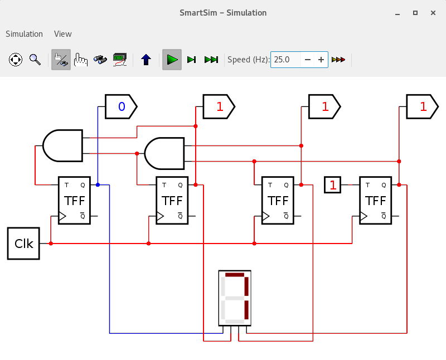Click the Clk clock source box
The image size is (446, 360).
[x=23, y=244]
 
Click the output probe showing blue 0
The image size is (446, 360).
[x=121, y=106]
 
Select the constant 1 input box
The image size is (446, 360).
[x=332, y=185]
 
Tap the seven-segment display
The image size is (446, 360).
[x=235, y=298]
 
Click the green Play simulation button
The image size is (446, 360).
[x=172, y=60]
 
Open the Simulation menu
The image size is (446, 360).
[x=24, y=34]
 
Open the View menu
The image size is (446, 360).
[x=63, y=34]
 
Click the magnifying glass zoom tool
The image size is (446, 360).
[x=35, y=60]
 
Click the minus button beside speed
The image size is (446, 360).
[x=308, y=60]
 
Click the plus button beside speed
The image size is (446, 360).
[x=321, y=60]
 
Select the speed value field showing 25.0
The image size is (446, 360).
[x=285, y=60]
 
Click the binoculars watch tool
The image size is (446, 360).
[x=100, y=60]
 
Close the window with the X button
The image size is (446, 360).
[x=433, y=13]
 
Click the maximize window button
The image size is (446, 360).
[x=415, y=13]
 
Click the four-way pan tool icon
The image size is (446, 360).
[x=16, y=60]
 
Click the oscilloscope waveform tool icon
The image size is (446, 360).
[x=120, y=60]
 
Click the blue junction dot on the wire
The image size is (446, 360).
[x=98, y=185]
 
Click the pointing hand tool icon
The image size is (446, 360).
[x=81, y=60]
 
